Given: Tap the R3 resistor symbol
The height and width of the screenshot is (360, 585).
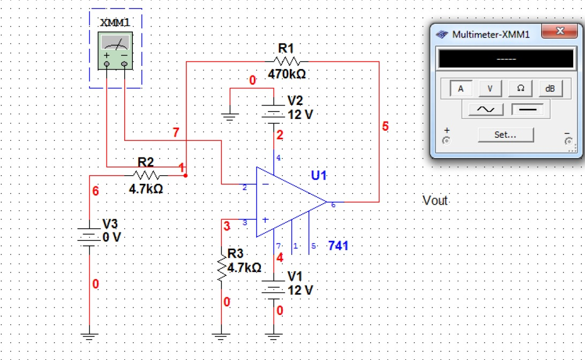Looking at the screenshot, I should (221, 267).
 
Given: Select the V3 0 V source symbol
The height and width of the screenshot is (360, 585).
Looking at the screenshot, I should (89, 237).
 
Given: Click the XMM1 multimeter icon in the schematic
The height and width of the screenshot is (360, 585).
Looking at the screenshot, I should (115, 51).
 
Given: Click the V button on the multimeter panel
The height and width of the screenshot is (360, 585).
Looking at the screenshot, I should (490, 89).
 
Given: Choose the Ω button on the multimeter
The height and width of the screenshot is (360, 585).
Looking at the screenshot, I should (520, 89).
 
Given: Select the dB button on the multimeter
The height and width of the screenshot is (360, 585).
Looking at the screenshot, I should (550, 89).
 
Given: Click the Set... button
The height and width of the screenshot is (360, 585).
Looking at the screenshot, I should (506, 135).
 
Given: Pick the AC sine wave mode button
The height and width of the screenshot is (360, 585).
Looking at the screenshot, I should (486, 110).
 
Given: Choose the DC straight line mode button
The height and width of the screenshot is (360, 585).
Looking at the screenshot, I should (527, 110).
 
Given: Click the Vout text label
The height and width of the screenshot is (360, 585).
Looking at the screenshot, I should (435, 201).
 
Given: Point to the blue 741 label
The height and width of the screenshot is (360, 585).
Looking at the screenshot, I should (338, 246).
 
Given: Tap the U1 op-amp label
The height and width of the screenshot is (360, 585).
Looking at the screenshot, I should (319, 176).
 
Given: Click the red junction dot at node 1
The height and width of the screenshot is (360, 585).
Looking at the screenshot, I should (185, 175).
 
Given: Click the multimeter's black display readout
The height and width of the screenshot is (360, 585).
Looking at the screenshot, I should (506, 59).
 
